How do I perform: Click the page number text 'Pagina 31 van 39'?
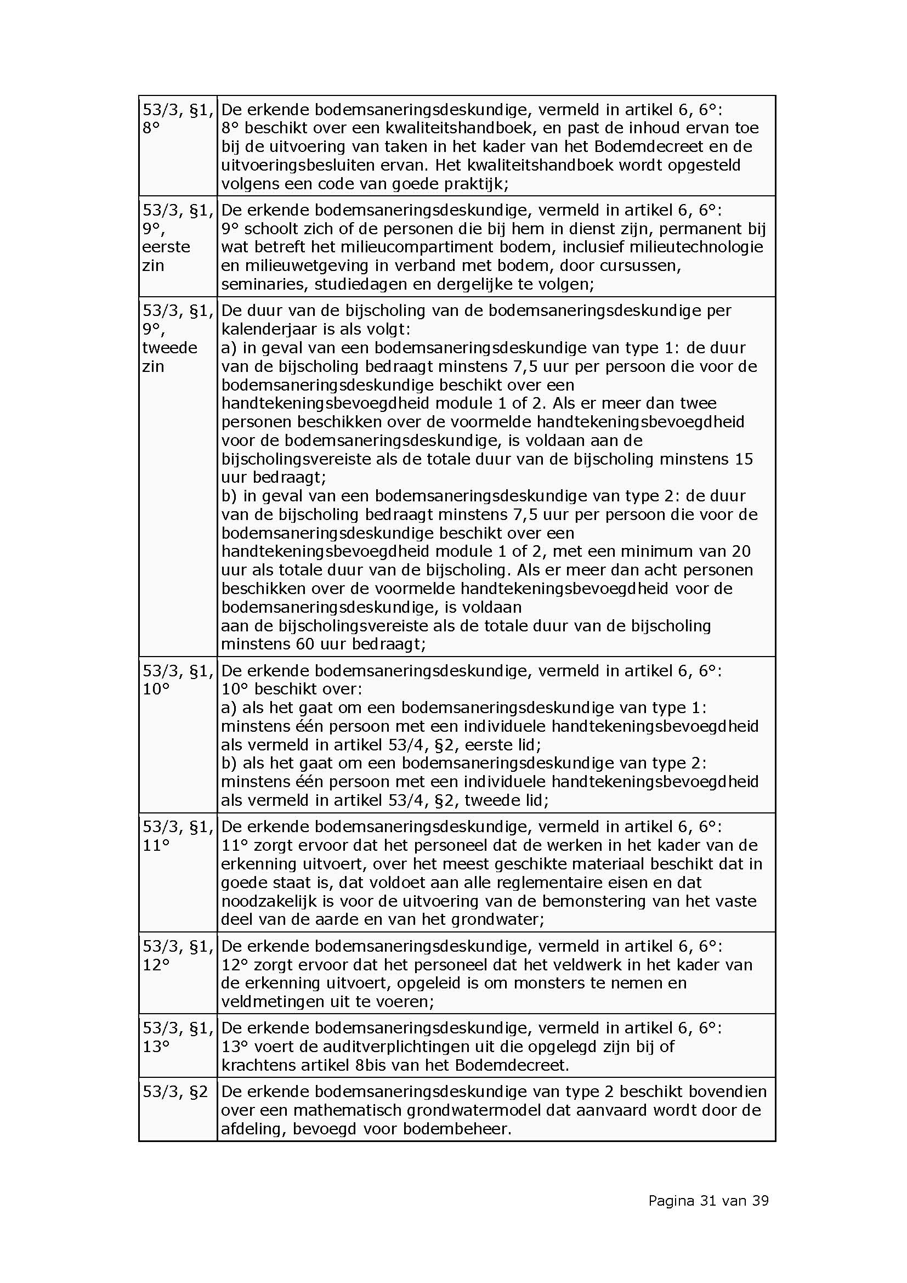pos(708,1200)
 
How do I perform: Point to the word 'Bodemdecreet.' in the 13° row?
pos(512,1065)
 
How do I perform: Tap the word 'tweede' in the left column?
pos(170,348)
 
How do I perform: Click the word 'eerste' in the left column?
pos(166,247)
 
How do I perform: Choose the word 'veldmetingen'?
pos(270,1002)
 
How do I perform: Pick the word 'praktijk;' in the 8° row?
pos(476,184)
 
